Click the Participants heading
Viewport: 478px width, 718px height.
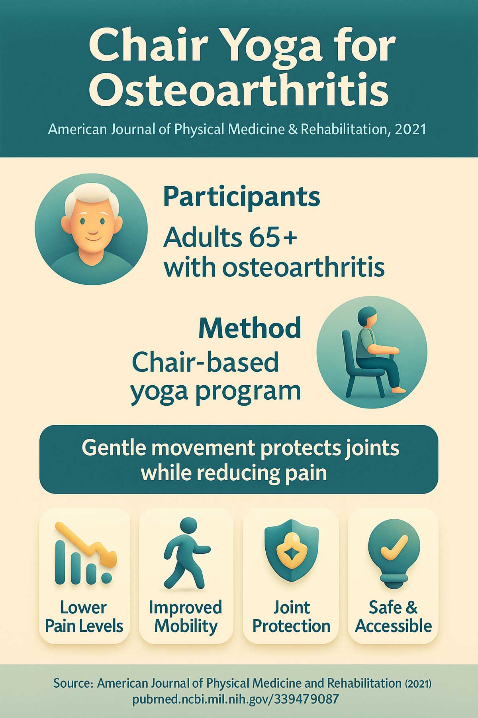pos(241,197)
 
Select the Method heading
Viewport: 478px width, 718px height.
pos(249,328)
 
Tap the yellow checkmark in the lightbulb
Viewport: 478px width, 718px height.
pos(394,547)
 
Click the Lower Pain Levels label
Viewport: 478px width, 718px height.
pos(84,617)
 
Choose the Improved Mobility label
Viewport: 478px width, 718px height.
pos(186,617)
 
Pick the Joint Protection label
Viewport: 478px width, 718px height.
pos(291,617)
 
